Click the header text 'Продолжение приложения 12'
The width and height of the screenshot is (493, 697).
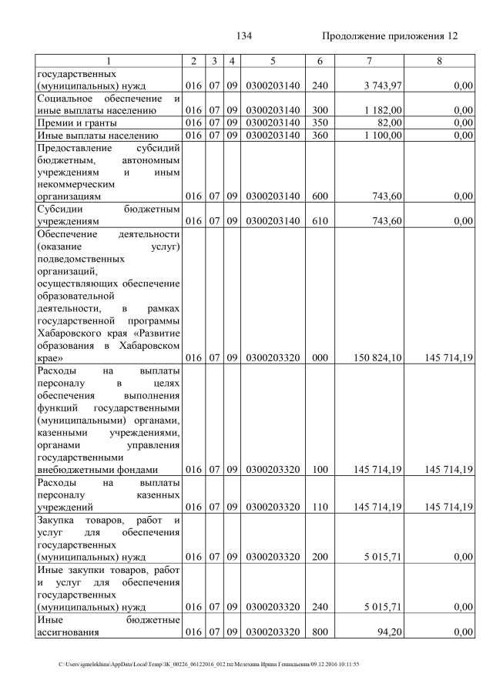[390, 36]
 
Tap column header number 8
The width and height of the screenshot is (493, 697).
[438, 61]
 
